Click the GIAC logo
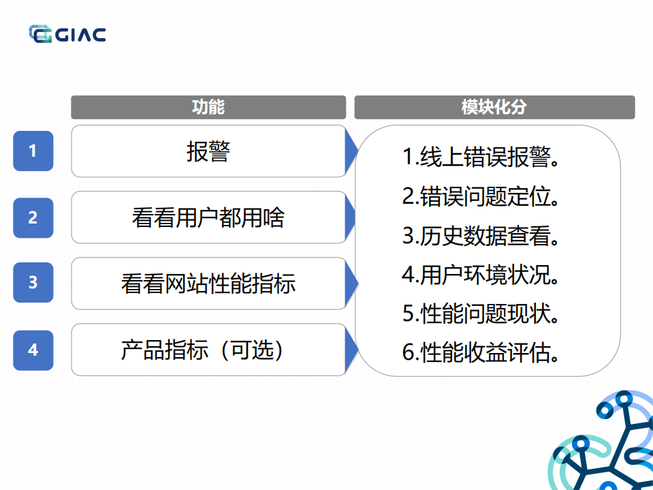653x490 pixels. pyautogui.click(x=67, y=34)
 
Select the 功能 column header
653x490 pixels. pyautogui.click(x=208, y=108)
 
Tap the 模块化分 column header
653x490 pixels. pyautogui.click(x=494, y=108)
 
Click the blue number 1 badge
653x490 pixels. pyautogui.click(x=33, y=151)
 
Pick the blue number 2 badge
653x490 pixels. pyautogui.click(x=33, y=217)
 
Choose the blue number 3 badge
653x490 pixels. pyautogui.click(x=33, y=282)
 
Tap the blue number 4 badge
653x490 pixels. pyautogui.click(x=33, y=350)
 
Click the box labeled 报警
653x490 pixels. pyautogui.click(x=208, y=151)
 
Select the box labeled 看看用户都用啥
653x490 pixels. pyautogui.click(x=208, y=217)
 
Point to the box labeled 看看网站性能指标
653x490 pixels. pyautogui.click(x=208, y=284)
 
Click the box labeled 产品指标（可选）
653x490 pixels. pyautogui.click(x=208, y=350)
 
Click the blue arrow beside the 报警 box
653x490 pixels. pyautogui.click(x=351, y=151)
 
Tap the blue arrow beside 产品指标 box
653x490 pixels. pyautogui.click(x=351, y=350)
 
